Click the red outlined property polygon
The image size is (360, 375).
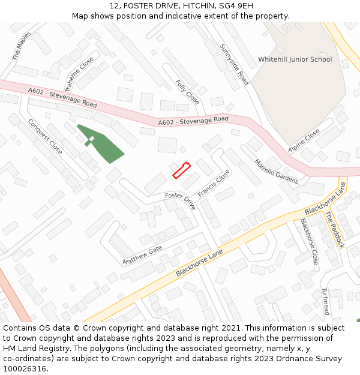(x=181, y=170)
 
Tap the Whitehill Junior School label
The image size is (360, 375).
(x=295, y=59)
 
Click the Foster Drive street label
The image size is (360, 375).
(x=181, y=200)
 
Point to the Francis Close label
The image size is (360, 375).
(x=214, y=184)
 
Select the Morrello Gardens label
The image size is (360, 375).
(x=275, y=172)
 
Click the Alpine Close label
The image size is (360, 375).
(x=304, y=141)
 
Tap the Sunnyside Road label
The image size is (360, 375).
(x=234, y=64)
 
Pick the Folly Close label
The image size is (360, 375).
(x=187, y=91)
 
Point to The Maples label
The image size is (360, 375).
(x=22, y=46)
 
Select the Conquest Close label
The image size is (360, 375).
(x=45, y=136)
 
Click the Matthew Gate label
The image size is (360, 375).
(x=142, y=255)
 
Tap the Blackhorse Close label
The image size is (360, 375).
(x=308, y=242)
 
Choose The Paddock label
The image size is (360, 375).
(x=334, y=229)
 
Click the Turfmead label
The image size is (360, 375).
(x=325, y=301)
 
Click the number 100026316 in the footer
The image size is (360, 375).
(x=25, y=369)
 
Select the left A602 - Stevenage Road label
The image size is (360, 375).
(x=62, y=98)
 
